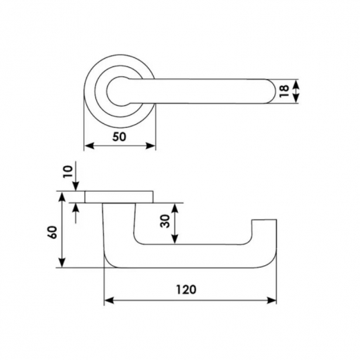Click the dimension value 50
[119, 137]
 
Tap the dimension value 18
[284, 91]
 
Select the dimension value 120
[186, 289]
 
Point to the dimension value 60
[53, 233]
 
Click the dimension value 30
[165, 221]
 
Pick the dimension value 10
[68, 171]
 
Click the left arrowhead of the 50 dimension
[89, 146]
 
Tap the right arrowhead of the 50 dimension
[150, 146]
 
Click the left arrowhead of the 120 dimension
[109, 300]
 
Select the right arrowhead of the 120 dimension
[271, 300]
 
